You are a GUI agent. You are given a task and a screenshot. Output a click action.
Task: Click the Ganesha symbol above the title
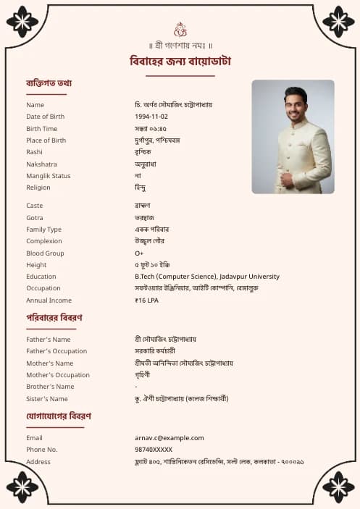point(180,29)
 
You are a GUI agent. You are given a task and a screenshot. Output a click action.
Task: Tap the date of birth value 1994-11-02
point(151,117)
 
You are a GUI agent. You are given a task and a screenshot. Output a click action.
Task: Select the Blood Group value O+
point(139,253)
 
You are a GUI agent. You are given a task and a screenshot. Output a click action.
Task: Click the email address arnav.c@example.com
point(169,438)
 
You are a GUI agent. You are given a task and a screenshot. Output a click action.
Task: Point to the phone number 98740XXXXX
point(154,450)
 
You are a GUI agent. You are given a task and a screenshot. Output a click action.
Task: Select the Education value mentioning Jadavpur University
point(206,277)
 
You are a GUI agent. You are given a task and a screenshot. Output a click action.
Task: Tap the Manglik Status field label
point(49,176)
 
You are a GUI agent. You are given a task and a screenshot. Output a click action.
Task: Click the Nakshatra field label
point(41,164)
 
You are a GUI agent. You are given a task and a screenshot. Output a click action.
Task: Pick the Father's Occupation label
point(56,351)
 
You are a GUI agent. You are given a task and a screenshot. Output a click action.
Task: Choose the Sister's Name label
point(47,399)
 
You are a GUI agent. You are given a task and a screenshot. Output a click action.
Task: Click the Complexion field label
point(45,241)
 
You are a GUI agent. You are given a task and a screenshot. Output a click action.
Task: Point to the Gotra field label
point(35,218)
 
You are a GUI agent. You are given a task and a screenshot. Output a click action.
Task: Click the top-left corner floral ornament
point(22,22)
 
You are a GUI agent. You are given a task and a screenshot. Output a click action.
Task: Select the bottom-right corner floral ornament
point(338,487)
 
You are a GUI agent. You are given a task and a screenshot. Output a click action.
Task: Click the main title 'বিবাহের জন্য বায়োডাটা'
point(180,61)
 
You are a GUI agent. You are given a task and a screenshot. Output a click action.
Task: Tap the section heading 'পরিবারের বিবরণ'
point(54,318)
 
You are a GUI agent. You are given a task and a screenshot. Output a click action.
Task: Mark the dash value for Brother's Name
point(136,387)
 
